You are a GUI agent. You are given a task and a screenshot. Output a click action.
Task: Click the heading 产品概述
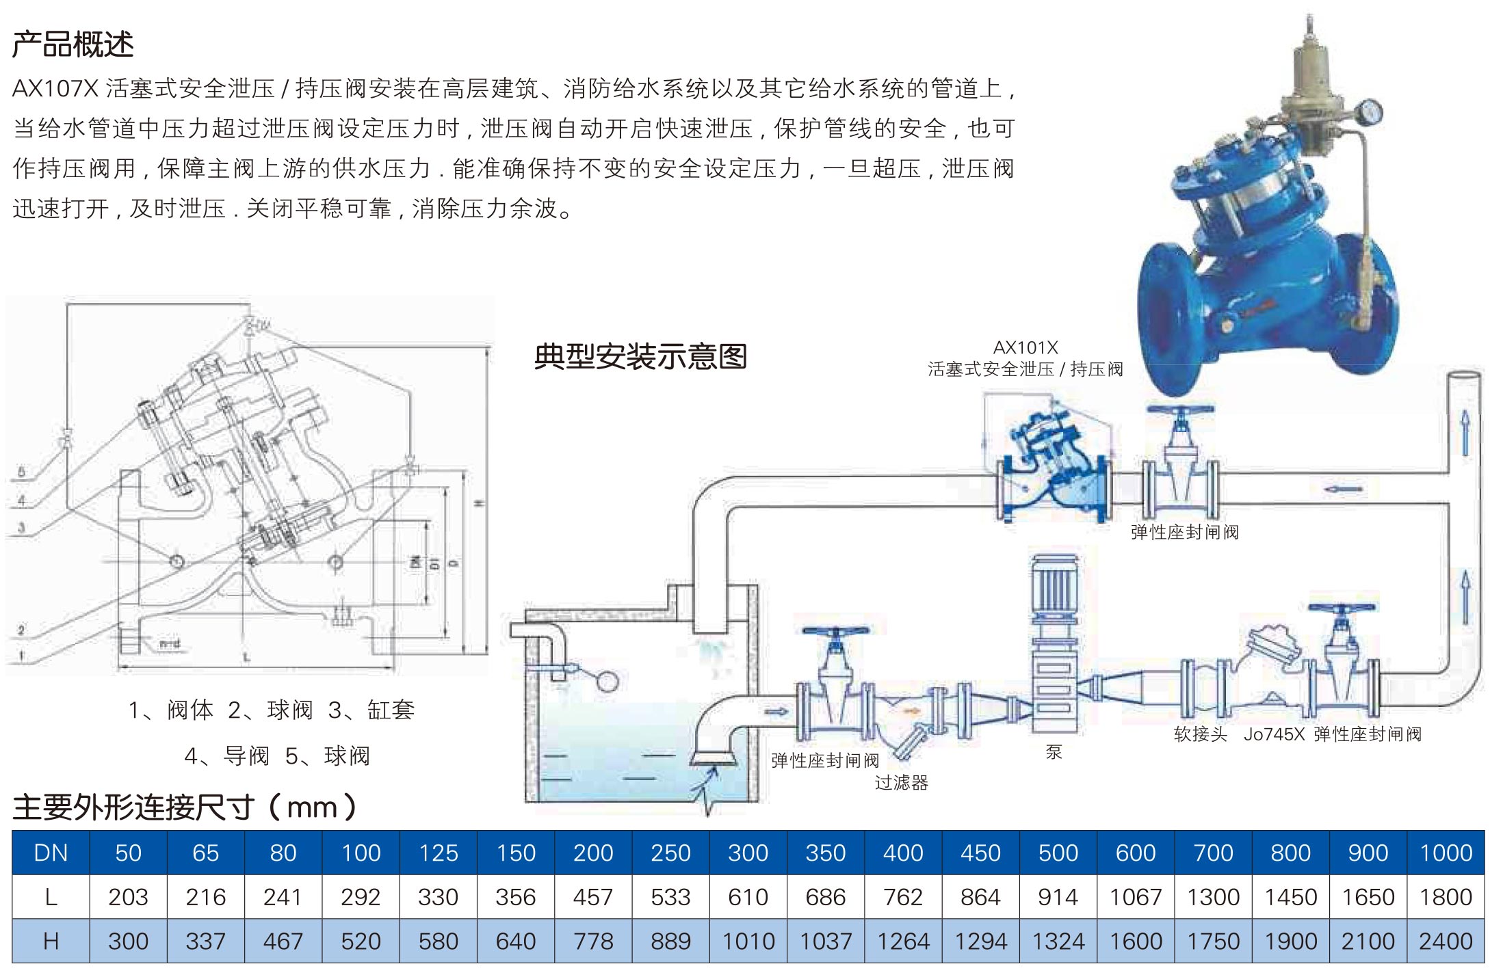[73, 45]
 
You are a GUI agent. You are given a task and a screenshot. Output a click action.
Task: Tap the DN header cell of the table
[51, 853]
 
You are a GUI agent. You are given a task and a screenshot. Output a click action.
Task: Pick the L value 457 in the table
[593, 897]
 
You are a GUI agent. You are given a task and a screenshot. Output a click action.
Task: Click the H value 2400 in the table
[1446, 941]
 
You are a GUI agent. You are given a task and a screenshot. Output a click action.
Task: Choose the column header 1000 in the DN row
[1446, 853]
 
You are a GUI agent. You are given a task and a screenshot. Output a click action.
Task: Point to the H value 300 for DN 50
[128, 941]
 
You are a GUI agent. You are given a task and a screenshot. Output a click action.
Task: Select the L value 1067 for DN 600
[1136, 897]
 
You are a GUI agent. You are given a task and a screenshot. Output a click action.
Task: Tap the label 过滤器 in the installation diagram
[901, 783]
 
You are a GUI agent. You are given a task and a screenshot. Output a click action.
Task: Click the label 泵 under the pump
[1054, 752]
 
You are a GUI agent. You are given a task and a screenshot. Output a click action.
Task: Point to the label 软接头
[1200, 734]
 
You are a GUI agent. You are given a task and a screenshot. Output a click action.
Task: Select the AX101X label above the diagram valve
[1025, 348]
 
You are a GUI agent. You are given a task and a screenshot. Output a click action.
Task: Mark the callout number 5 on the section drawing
[21, 472]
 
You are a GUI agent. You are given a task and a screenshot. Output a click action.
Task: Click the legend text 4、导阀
[226, 756]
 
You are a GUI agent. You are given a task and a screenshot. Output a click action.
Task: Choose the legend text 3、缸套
[371, 710]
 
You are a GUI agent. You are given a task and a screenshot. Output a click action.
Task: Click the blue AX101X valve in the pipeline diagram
[1054, 472]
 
